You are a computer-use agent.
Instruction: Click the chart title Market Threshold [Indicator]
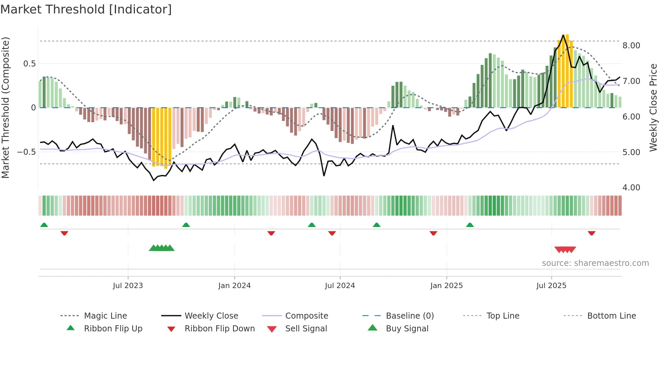[x=86, y=9]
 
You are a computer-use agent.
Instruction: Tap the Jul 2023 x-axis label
[x=128, y=286]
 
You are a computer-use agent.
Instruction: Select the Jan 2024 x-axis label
[x=234, y=286]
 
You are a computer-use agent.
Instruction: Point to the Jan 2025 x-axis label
[x=447, y=286]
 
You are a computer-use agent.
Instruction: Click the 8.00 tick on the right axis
[x=631, y=46]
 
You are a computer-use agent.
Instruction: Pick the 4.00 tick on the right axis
[x=631, y=188]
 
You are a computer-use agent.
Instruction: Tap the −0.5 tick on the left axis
[x=27, y=152]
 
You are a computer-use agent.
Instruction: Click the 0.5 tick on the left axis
[x=29, y=64]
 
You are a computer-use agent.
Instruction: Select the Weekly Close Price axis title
[x=653, y=107]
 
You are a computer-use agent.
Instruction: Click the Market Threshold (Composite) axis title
[x=5, y=107]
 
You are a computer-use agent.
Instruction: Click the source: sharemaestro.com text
[x=595, y=263]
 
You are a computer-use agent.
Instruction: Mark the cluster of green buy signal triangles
[x=162, y=248]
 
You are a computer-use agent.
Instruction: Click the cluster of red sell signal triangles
[x=565, y=249]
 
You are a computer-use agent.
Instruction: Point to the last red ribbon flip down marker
[x=591, y=233]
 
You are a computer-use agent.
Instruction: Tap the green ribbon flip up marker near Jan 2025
[x=470, y=225]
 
